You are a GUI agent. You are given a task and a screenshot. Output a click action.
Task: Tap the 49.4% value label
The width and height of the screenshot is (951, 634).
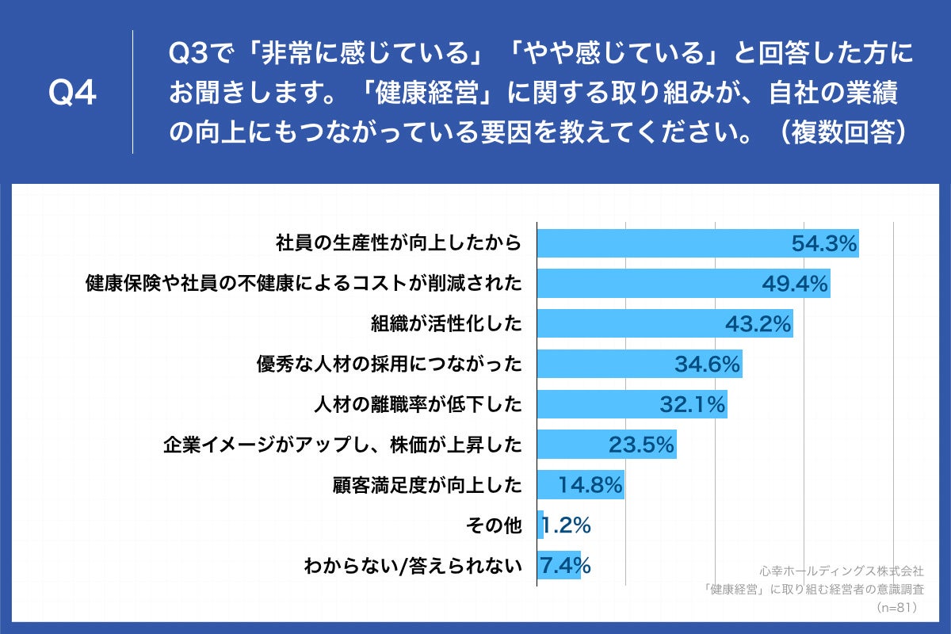[795, 284]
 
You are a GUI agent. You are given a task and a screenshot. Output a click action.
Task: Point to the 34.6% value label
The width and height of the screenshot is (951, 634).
[708, 365]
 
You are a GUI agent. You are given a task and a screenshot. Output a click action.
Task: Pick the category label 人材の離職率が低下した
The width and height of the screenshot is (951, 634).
[418, 405]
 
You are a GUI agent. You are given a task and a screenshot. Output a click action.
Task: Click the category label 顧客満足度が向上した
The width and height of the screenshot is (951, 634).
[428, 485]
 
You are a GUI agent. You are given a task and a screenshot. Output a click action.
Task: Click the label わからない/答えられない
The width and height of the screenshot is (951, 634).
[413, 566]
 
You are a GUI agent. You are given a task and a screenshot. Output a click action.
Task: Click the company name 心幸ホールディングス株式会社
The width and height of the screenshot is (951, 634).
[842, 571]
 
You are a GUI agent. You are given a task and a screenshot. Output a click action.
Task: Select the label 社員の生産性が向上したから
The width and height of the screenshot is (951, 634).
[399, 243]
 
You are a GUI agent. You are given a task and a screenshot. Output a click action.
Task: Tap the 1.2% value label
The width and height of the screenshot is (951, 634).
[567, 525]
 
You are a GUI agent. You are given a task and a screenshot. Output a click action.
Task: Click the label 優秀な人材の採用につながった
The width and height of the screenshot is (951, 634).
[388, 365]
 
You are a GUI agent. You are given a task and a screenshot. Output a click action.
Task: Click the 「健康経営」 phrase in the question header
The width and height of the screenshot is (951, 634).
[429, 94]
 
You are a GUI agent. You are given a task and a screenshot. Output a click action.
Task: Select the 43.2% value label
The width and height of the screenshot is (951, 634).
[758, 323]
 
